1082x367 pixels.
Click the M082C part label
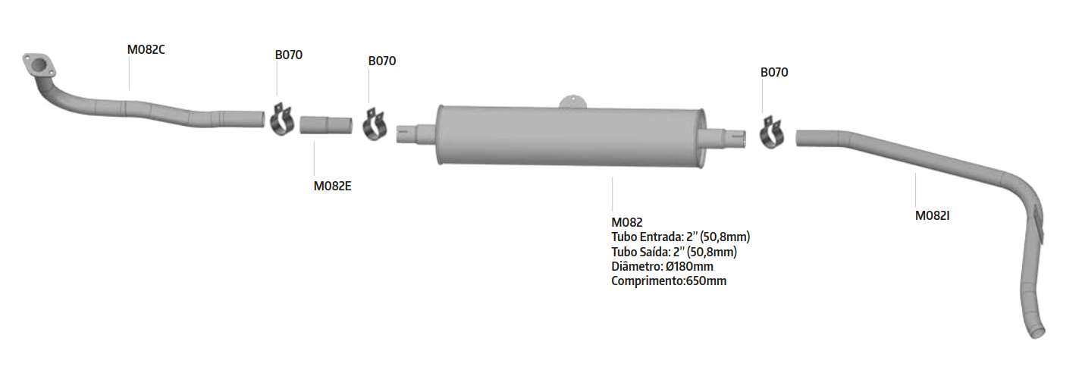point(146,50)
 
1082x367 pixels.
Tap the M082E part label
point(332,186)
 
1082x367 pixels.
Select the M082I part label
point(933,215)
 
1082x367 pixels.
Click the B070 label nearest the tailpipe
point(774,72)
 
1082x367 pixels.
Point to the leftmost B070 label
point(288,55)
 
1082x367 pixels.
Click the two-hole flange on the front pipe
point(39,66)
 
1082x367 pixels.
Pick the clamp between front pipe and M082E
point(282,120)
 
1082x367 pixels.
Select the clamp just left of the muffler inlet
point(375,124)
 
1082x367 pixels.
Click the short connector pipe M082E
point(326,125)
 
